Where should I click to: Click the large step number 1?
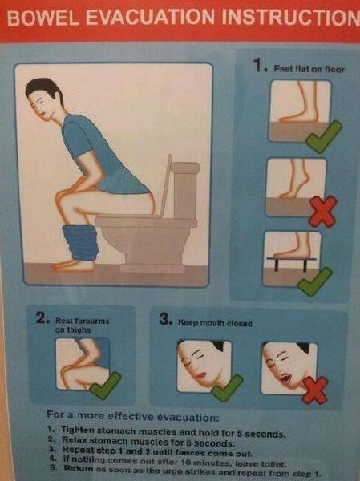click(x=258, y=65)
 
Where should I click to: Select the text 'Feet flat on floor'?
click(x=309, y=69)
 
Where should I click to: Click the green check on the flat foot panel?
click(x=323, y=136)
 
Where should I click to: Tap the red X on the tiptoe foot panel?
click(x=323, y=212)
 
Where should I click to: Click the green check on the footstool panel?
click(x=314, y=281)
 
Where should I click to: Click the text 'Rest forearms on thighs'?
click(x=82, y=325)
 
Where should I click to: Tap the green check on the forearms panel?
click(x=105, y=386)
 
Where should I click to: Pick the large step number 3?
click(x=165, y=319)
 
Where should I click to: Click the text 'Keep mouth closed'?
click(x=215, y=323)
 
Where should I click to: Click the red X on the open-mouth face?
click(x=315, y=390)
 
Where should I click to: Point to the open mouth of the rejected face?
click(x=286, y=378)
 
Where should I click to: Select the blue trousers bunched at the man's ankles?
click(x=80, y=243)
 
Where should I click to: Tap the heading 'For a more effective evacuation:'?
click(x=132, y=416)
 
